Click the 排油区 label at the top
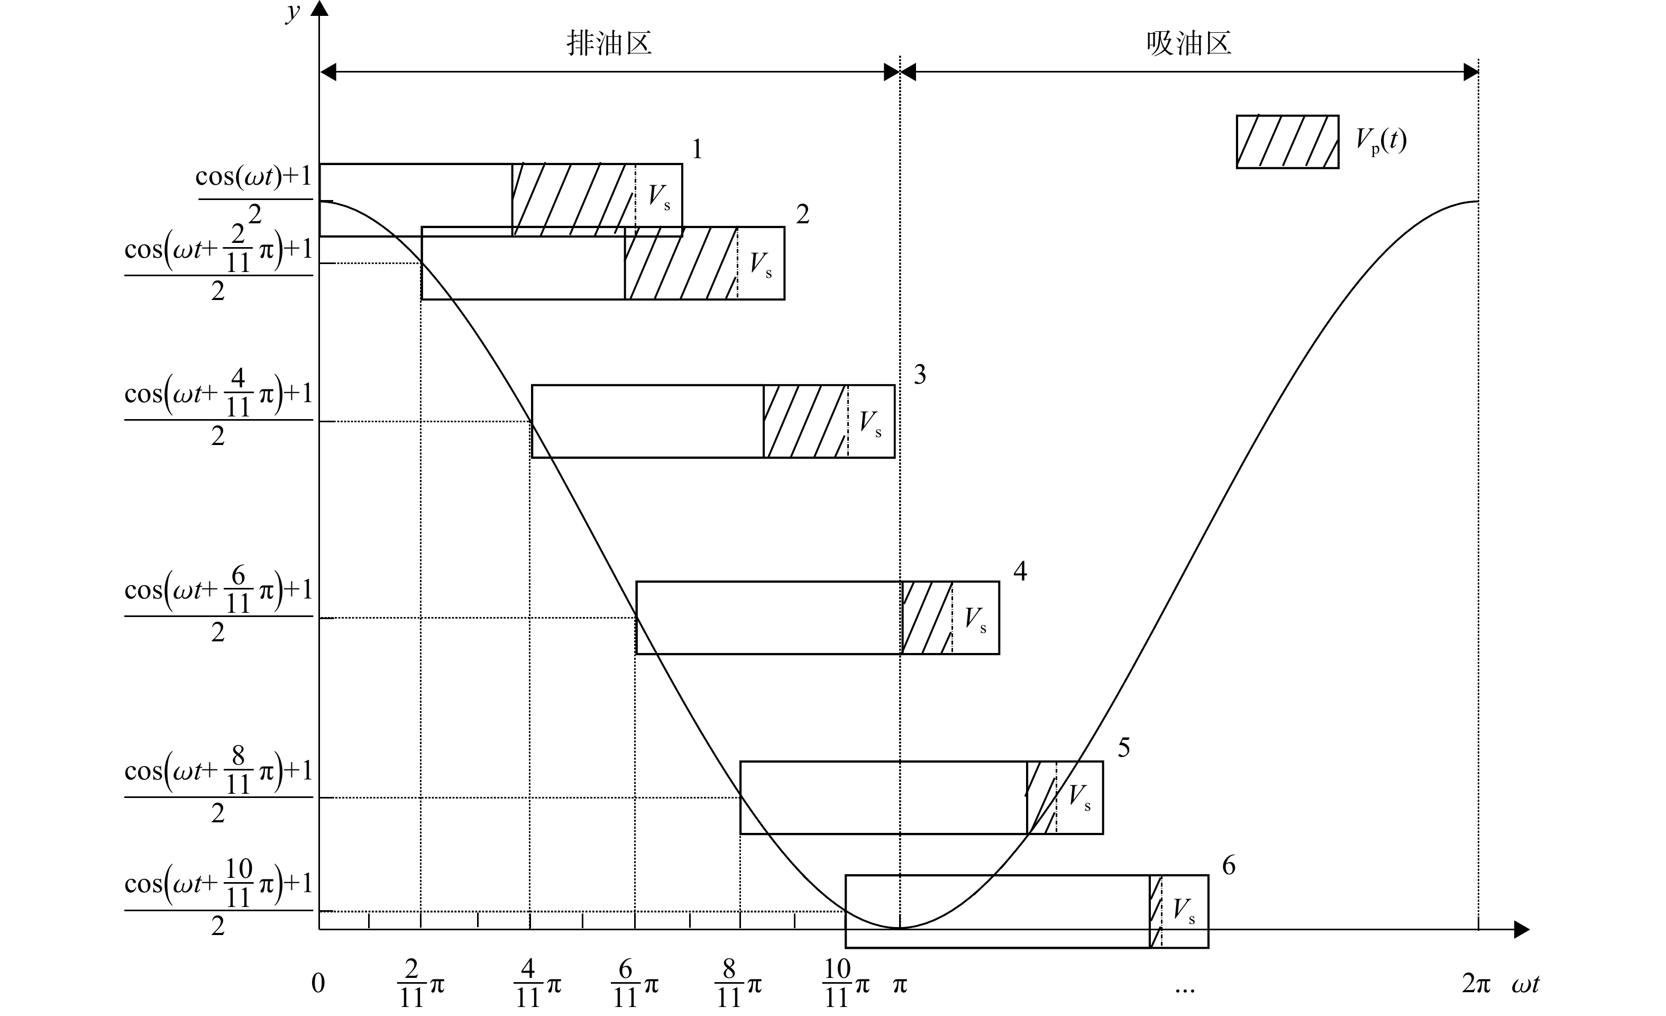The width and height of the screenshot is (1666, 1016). (609, 43)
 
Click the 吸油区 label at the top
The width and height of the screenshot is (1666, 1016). (1188, 43)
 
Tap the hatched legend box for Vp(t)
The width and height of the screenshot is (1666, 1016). (1287, 141)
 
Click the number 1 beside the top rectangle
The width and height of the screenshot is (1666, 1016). (697, 149)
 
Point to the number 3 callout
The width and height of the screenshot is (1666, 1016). (920, 374)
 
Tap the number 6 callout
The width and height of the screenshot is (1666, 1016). (1229, 865)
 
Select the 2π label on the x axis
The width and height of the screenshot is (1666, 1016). (1476, 984)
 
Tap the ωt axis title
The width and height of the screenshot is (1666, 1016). (1525, 984)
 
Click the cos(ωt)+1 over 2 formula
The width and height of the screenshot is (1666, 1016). (254, 195)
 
